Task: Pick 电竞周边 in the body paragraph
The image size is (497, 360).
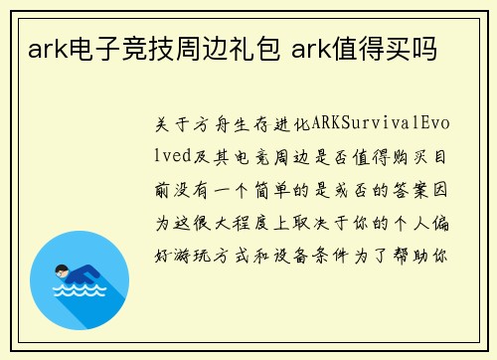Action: (264, 157)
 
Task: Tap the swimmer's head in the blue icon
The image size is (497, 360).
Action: (64, 269)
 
